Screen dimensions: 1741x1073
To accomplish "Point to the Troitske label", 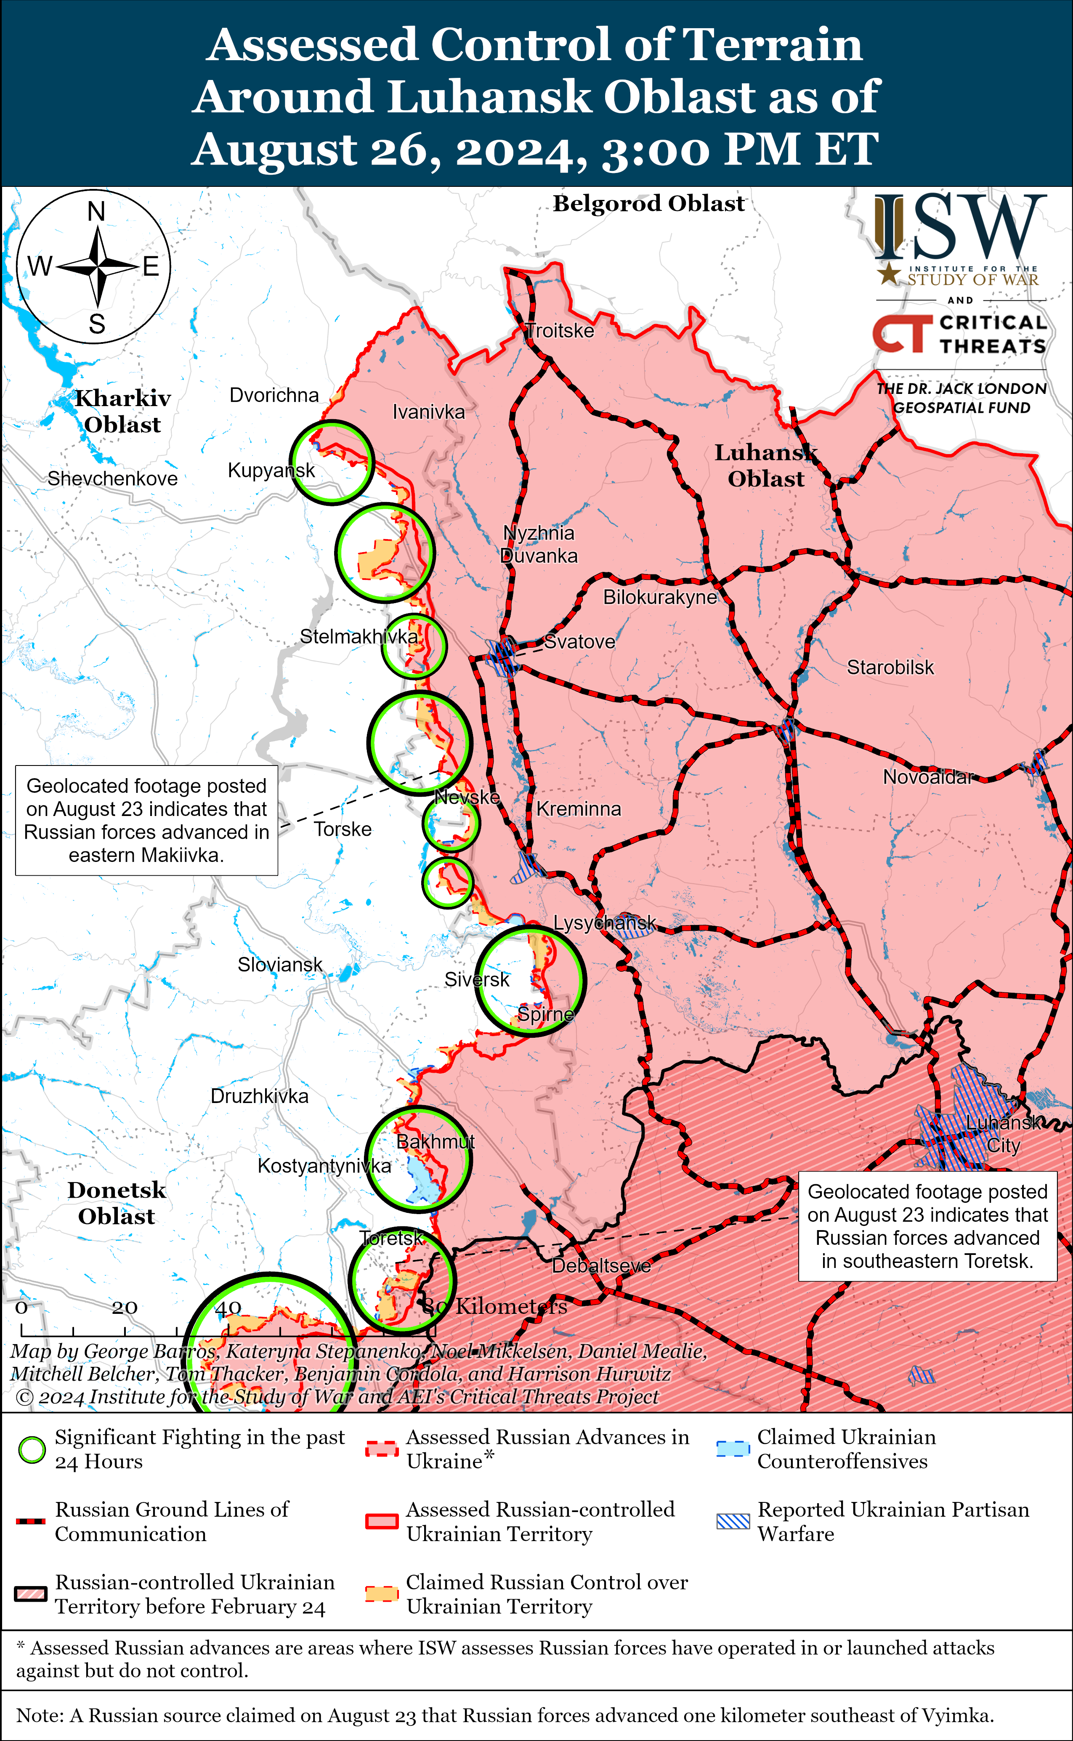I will click(x=560, y=331).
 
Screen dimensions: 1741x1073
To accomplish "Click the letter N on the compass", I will click(x=96, y=212).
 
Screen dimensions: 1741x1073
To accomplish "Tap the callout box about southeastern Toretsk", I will click(x=927, y=1226).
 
